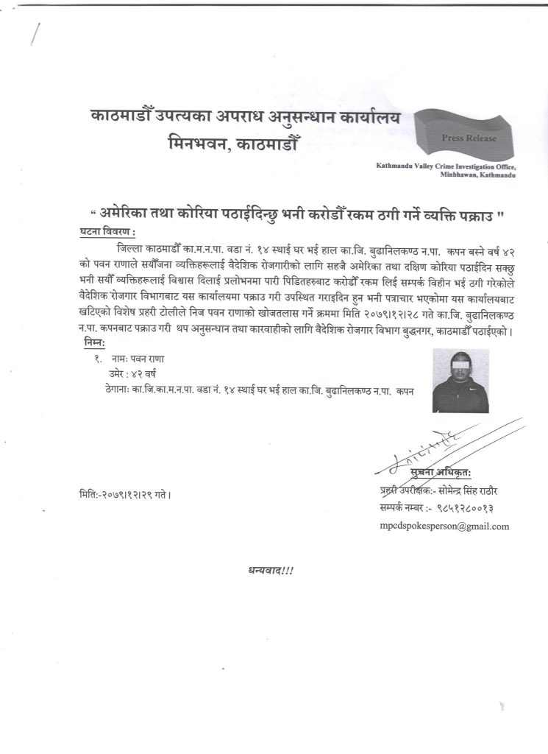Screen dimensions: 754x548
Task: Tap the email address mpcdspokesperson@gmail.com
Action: (x=444, y=526)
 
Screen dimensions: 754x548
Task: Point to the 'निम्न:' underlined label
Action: (x=95, y=342)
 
